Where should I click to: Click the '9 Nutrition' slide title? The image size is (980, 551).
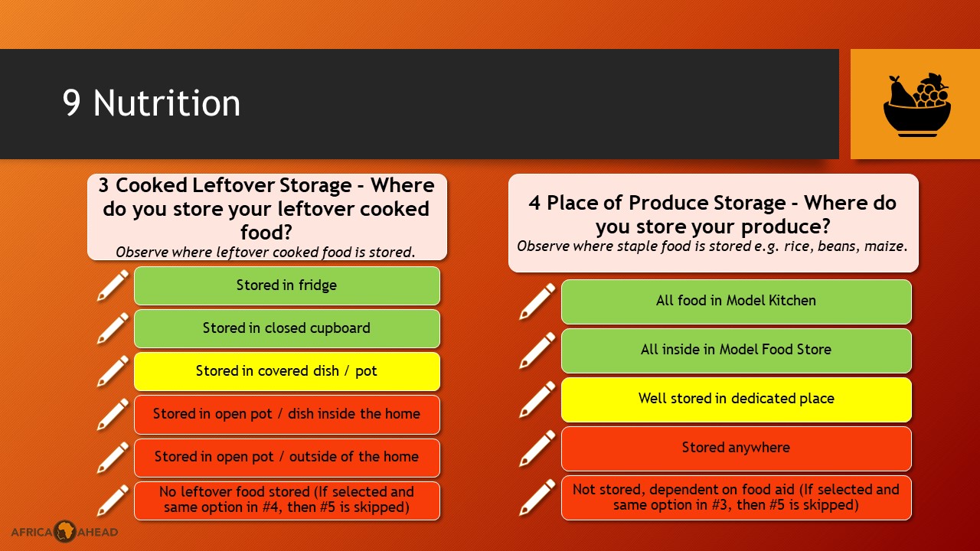pos(152,103)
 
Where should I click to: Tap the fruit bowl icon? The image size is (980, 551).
pos(917,105)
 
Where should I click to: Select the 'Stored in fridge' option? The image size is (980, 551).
pos(287,285)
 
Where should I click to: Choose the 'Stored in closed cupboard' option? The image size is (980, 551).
pos(287,328)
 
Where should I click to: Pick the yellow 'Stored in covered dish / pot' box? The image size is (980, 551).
pos(287,371)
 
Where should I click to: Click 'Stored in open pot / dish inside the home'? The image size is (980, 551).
pos(287,414)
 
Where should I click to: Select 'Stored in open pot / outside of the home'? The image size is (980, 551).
pos(287,458)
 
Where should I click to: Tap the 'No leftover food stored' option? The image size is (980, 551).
pos(287,500)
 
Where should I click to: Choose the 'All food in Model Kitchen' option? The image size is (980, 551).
pos(737,302)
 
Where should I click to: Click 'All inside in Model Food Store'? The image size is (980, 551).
pos(737,350)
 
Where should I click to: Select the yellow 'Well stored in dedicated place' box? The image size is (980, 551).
pos(737,399)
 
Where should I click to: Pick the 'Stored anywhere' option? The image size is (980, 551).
pos(737,448)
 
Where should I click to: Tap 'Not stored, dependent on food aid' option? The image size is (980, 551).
pos(737,497)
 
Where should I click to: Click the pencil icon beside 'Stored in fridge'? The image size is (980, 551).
pos(113,285)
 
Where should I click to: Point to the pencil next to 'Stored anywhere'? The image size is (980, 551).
pos(537,448)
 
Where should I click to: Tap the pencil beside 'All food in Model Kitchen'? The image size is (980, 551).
pos(537,302)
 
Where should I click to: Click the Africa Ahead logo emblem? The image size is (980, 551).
pos(65,531)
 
